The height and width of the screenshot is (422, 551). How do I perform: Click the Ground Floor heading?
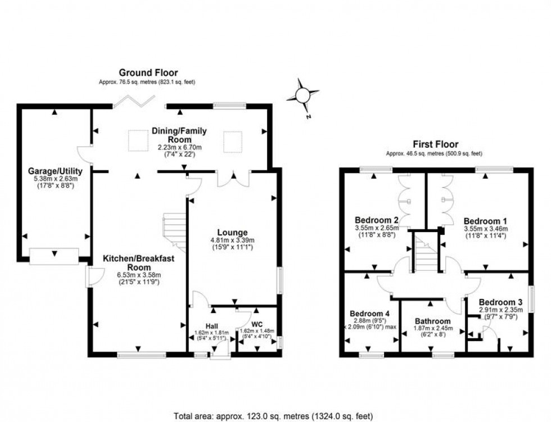(148, 72)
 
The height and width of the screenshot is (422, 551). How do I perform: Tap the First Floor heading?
(435, 144)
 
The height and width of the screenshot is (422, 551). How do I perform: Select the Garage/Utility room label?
(55, 171)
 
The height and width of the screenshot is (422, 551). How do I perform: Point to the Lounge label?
(232, 233)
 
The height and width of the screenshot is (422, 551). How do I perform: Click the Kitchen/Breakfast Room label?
(138, 262)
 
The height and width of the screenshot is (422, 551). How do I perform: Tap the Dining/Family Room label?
(179, 135)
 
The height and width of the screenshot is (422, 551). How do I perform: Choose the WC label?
(257, 324)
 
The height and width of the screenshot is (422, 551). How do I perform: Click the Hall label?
(211, 326)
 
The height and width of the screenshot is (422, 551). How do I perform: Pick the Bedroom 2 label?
(376, 220)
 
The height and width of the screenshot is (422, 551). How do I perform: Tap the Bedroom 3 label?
(500, 302)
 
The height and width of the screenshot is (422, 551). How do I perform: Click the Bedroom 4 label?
(369, 313)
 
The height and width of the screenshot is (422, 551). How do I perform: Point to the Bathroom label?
(432, 321)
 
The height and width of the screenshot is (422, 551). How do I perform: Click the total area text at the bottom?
(273, 416)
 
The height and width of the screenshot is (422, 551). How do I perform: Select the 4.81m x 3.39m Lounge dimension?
(232, 240)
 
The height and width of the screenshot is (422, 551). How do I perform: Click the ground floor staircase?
(175, 232)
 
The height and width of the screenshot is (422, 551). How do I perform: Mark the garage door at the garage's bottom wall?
(54, 256)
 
